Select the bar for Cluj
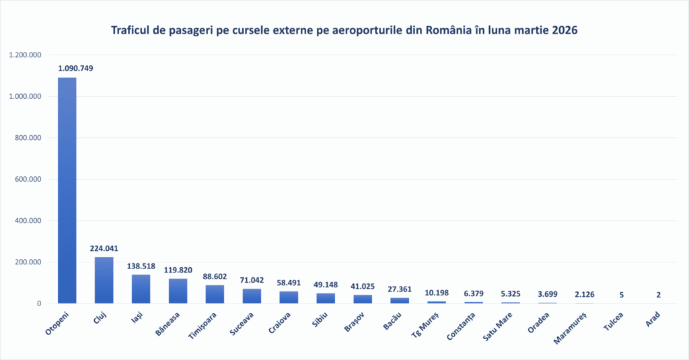(104, 281)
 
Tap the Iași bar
(141, 289)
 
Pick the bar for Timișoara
(215, 295)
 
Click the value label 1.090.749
(75, 69)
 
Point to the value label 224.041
(104, 248)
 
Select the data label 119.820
(178, 270)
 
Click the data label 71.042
(252, 280)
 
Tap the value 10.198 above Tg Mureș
(437, 293)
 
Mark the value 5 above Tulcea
(622, 294)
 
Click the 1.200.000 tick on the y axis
(26, 55)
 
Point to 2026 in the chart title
(564, 31)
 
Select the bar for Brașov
(363, 299)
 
